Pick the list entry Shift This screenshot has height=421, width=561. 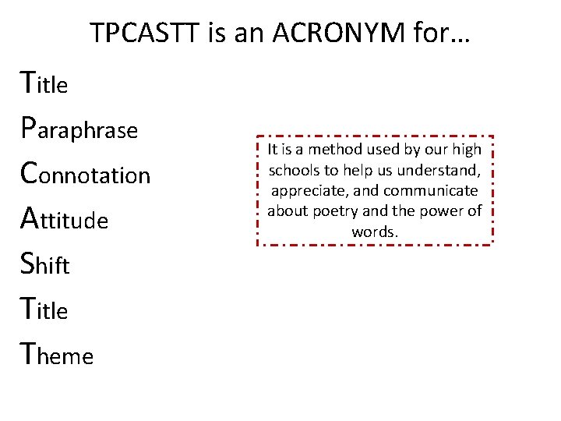47,265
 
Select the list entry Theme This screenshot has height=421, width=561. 58,356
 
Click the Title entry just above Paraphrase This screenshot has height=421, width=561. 46,83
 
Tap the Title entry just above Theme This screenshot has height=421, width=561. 46,310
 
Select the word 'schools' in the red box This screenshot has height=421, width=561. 292,170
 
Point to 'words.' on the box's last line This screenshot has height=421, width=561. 375,232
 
